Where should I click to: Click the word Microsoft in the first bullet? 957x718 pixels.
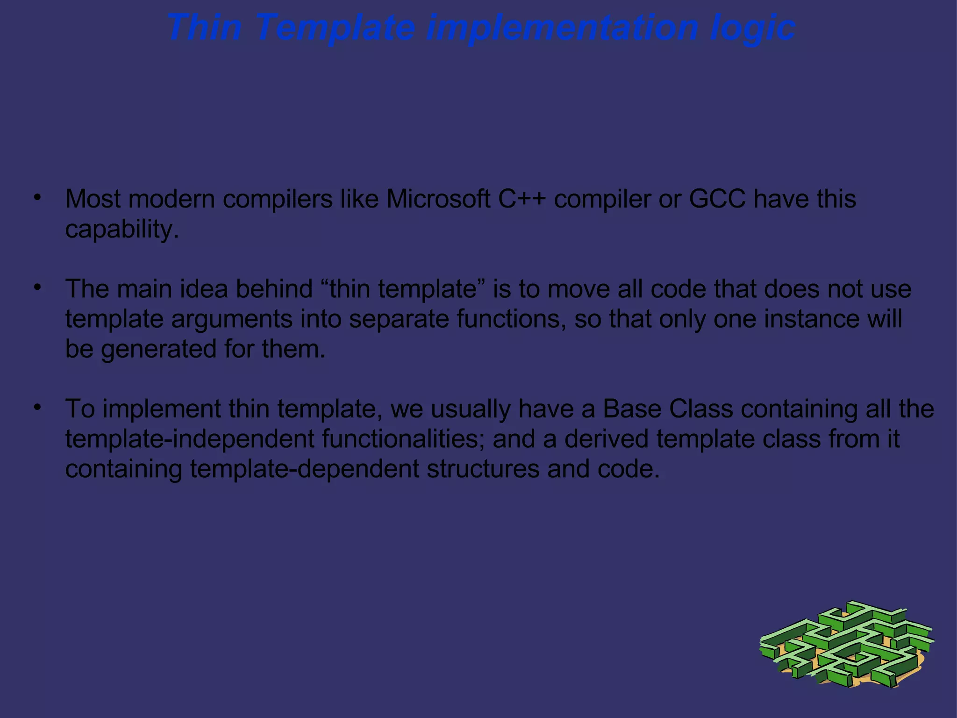438,199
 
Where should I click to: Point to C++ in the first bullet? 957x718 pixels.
521,199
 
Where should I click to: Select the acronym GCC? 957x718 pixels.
717,199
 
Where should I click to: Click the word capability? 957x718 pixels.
122,229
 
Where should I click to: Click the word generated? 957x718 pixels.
158,349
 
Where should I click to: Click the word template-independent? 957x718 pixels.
189,439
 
